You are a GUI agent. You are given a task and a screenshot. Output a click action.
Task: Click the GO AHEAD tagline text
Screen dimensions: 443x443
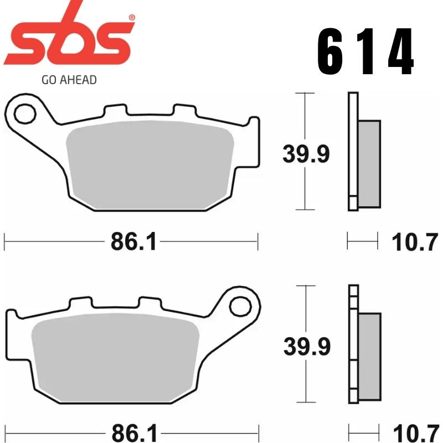point(69,80)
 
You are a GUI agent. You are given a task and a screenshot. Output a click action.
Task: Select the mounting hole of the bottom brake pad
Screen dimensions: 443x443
point(239,306)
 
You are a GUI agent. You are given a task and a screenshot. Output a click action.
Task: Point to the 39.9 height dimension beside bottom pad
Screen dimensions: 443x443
point(306,347)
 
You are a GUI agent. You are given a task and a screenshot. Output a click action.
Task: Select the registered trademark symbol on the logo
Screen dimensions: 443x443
point(131,18)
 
